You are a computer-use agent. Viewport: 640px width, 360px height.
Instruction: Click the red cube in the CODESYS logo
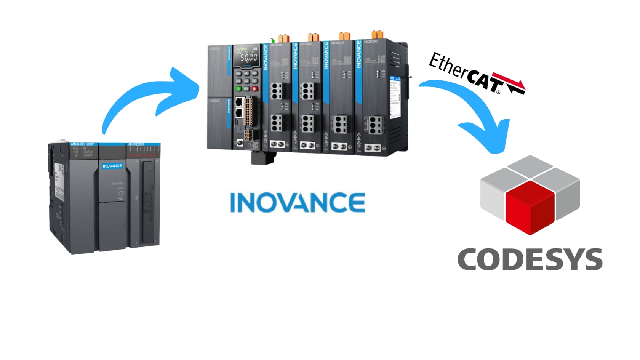tap(530, 208)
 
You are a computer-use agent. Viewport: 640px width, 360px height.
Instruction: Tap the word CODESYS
tap(530, 259)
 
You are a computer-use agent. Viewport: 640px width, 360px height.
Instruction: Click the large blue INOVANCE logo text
tap(298, 202)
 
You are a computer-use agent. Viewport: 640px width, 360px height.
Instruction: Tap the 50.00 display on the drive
tap(248, 58)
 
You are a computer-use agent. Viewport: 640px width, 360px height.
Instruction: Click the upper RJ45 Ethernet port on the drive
tap(239, 102)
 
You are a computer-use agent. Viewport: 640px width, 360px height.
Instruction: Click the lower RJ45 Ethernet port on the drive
tap(239, 112)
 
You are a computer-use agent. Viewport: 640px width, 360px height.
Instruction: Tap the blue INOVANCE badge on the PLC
tap(112, 166)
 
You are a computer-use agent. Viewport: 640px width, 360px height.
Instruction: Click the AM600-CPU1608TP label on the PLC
tap(85, 144)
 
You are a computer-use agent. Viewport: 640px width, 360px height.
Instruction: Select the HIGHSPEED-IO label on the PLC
tap(136, 144)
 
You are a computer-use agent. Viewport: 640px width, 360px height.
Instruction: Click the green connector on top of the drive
tap(272, 40)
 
